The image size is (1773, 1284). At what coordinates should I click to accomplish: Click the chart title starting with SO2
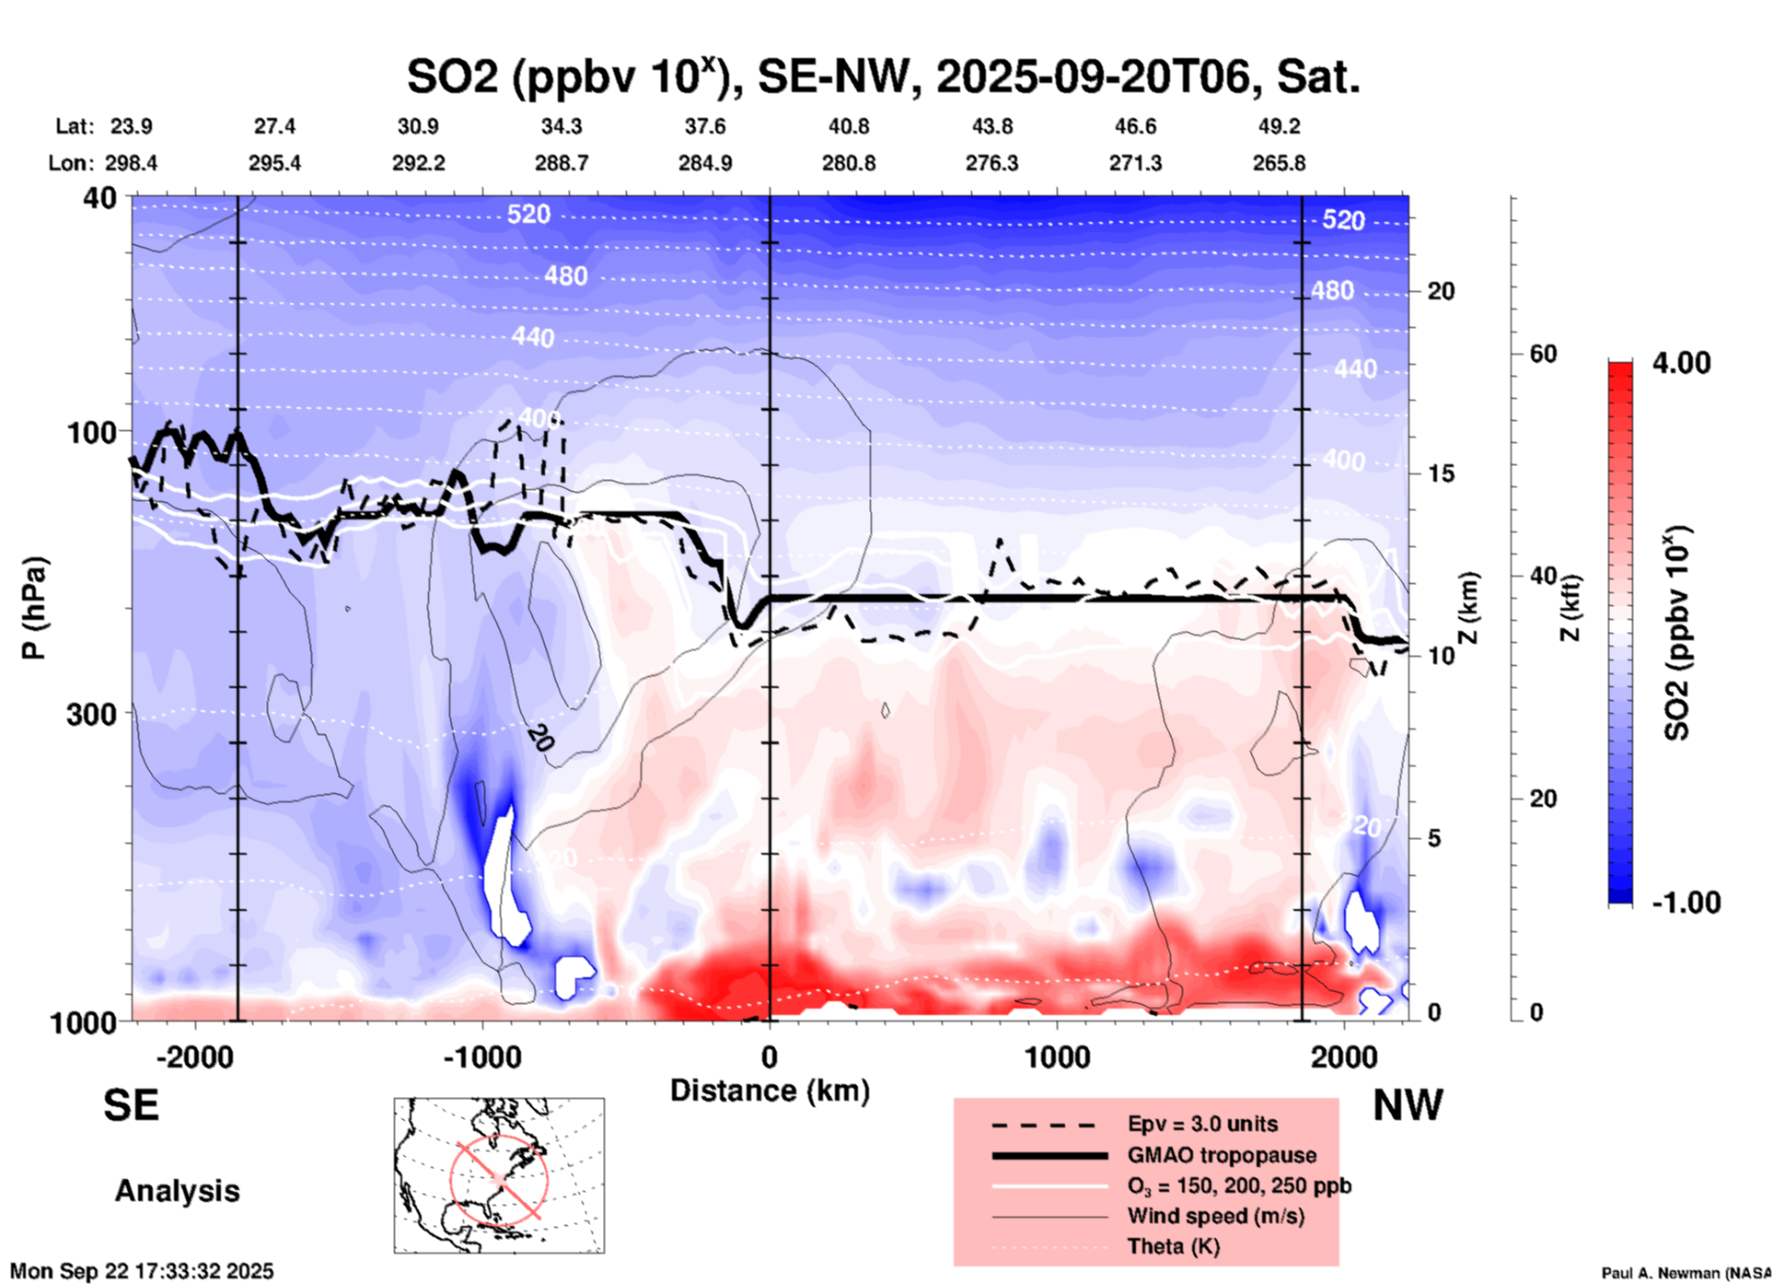tap(883, 77)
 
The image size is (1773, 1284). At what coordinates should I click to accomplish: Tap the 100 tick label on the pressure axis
tap(92, 432)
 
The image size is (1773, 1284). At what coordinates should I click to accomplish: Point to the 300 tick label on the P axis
tap(92, 714)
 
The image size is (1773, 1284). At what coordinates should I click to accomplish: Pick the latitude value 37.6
tap(705, 126)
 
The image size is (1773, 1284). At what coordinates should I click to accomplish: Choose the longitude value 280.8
tap(849, 163)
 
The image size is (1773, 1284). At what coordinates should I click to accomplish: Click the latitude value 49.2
tap(1279, 126)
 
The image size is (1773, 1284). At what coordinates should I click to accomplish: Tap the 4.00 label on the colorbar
tap(1681, 362)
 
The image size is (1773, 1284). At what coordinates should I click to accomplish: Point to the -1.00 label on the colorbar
tap(1686, 902)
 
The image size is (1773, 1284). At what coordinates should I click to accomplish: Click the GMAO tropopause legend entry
tap(1222, 1155)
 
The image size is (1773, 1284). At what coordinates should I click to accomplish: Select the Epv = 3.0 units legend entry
tap(1202, 1124)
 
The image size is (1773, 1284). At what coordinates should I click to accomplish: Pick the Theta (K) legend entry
tap(1173, 1246)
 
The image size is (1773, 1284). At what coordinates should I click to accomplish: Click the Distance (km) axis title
tap(770, 1091)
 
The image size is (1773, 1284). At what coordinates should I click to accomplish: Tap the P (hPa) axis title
tap(34, 608)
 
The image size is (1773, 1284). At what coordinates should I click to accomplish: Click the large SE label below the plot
tap(131, 1105)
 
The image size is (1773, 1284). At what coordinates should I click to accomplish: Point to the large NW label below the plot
tap(1408, 1105)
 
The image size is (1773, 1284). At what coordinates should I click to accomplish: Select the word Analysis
tap(177, 1191)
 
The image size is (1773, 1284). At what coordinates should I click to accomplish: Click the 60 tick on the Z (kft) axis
tap(1543, 355)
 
